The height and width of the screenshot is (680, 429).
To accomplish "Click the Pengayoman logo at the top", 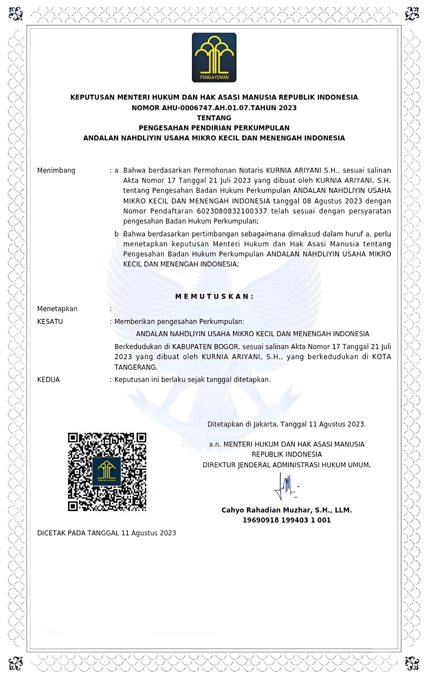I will point(214,57).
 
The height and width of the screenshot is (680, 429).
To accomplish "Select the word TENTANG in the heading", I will point(214,118).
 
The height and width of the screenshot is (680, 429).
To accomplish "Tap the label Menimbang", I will point(56,170).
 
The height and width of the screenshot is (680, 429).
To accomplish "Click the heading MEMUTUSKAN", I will point(214,297).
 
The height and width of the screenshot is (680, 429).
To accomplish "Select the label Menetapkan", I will point(57,309).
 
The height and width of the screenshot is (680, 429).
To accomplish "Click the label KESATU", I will point(50,321).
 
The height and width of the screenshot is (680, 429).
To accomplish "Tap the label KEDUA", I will point(48,380).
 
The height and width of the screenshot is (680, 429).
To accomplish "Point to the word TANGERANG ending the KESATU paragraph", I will point(135,367).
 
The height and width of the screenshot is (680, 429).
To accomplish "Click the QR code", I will point(107,472).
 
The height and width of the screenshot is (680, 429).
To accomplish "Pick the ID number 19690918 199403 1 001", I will point(287,520).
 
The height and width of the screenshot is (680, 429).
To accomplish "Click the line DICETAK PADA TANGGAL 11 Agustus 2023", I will point(106,533).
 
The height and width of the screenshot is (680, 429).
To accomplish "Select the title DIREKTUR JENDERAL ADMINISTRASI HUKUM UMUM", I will point(286,465).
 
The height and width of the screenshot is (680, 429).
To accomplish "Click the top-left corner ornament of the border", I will point(15,14).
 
